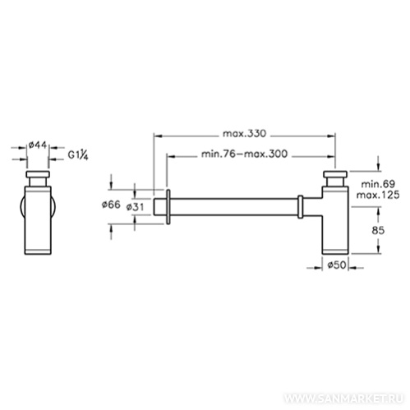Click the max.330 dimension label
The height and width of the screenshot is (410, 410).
[244, 134]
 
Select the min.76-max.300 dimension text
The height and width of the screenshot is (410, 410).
[245, 154]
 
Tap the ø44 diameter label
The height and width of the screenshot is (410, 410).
[38, 145]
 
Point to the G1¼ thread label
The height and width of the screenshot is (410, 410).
[78, 155]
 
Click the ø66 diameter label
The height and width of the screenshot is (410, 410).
[111, 205]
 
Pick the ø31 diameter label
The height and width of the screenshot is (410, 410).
[135, 207]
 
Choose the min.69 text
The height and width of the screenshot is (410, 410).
[378, 184]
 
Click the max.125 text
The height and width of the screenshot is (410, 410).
[378, 196]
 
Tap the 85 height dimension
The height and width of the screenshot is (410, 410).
[378, 231]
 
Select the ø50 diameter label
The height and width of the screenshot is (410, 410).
[337, 265]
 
